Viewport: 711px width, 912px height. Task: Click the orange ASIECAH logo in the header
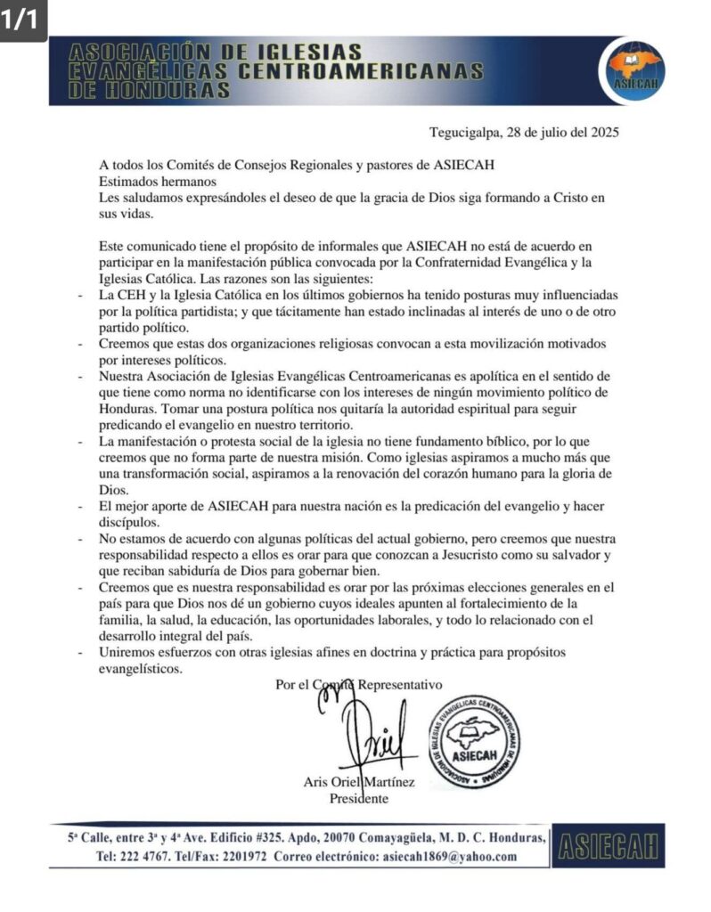pyautogui.click(x=633, y=69)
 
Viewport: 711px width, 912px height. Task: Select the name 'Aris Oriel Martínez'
pyautogui.click(x=359, y=782)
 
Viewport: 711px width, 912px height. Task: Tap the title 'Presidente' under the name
pyautogui.click(x=359, y=798)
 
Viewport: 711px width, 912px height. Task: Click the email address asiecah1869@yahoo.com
pyautogui.click(x=449, y=857)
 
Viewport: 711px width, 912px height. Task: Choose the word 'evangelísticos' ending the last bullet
pyautogui.click(x=142, y=670)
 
